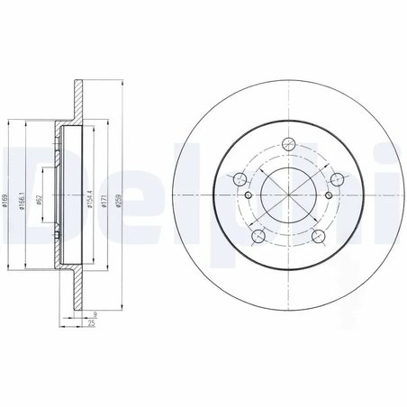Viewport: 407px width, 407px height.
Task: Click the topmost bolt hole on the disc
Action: (289, 143)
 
